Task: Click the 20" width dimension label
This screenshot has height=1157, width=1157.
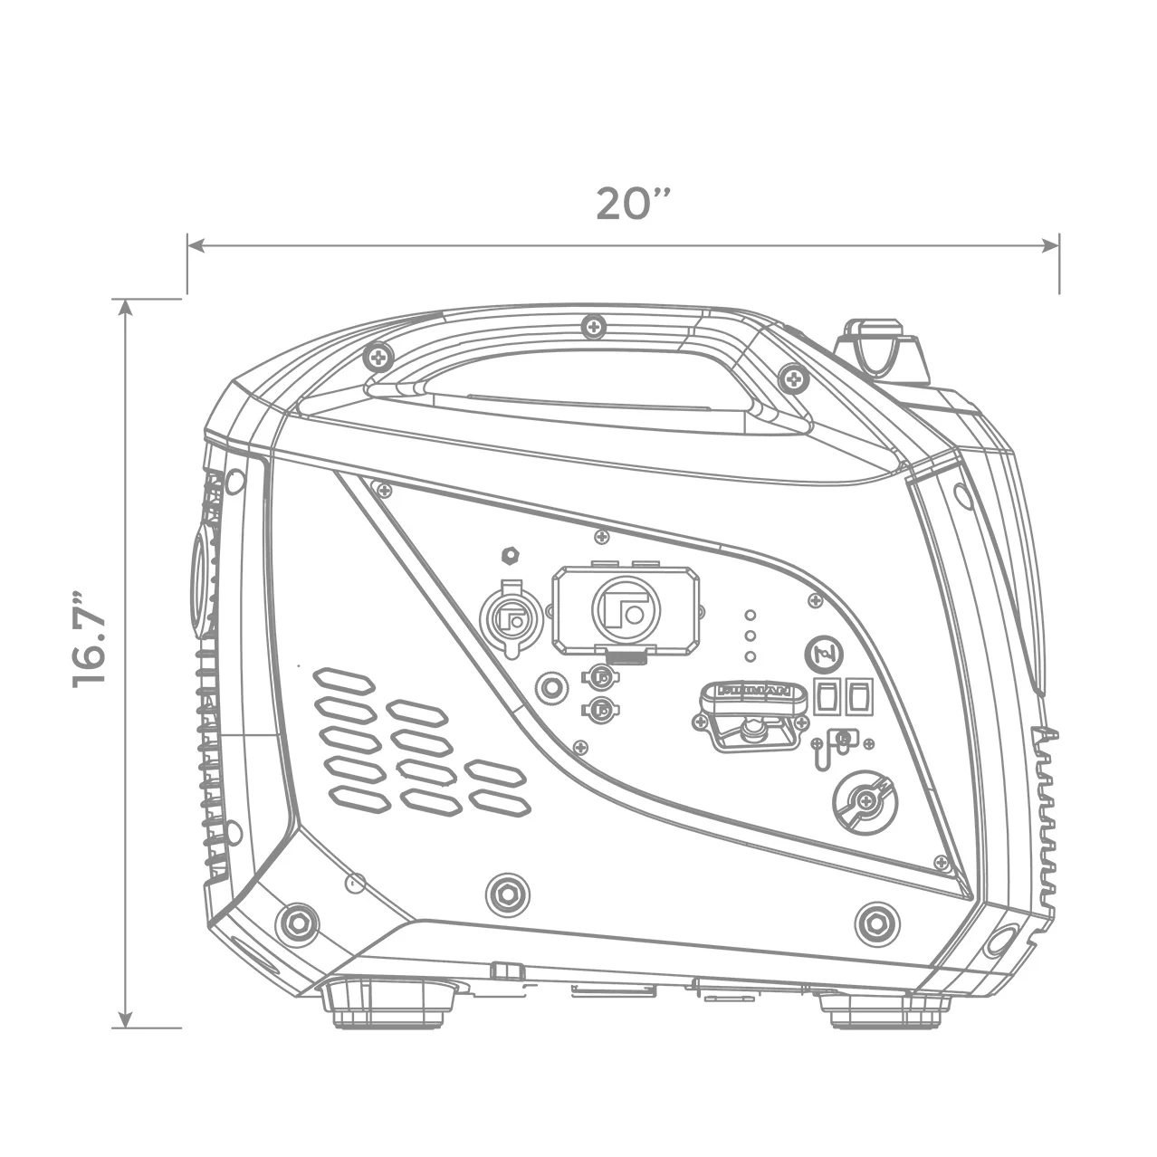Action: (633, 205)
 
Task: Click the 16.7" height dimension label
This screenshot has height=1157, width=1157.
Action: (91, 640)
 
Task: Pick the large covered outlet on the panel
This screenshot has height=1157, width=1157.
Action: (626, 609)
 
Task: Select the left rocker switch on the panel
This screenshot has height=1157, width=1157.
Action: (826, 695)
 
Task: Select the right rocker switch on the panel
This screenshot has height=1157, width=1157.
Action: (857, 695)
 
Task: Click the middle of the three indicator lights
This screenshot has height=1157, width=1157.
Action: (750, 636)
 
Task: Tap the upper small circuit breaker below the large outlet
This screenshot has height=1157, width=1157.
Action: (598, 674)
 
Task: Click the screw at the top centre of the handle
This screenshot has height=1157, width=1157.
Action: (594, 325)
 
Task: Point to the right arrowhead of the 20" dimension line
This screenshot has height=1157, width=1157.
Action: (1052, 244)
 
